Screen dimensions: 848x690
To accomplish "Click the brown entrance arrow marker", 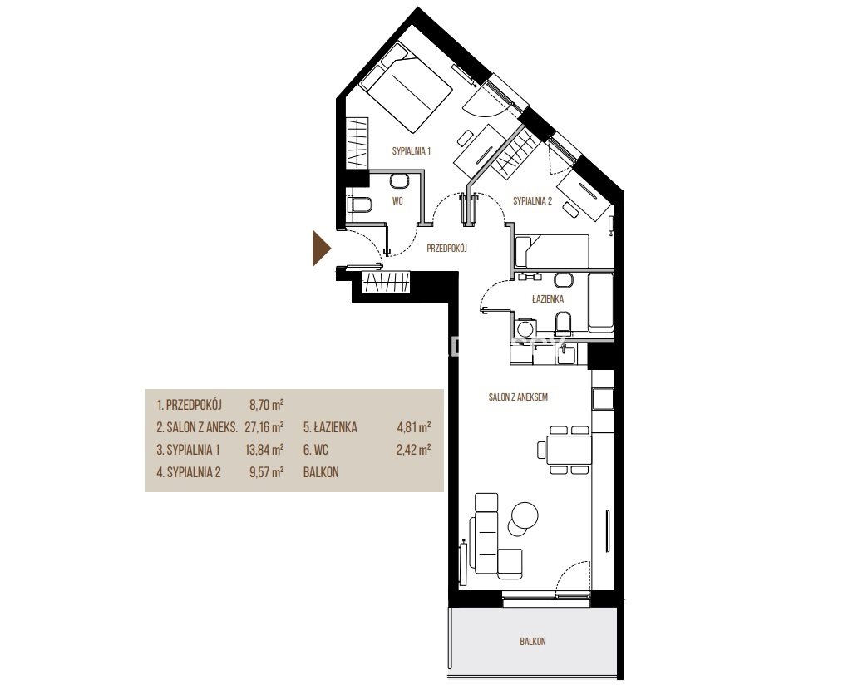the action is coord(320,249).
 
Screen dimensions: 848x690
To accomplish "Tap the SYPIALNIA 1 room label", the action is coord(411,151).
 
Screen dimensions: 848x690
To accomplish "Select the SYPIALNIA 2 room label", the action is coord(532,201).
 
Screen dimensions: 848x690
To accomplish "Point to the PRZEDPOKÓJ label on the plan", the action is coord(446,249).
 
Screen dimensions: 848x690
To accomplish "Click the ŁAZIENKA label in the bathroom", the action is coord(548,298).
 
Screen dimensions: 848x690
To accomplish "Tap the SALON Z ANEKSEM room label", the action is coord(518,397).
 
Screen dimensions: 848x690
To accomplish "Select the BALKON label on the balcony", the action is coord(533,642).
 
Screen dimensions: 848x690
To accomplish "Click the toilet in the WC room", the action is coord(359,205).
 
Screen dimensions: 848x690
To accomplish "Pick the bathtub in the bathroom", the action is coord(600,303).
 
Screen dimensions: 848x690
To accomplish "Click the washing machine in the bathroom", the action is coord(524,328).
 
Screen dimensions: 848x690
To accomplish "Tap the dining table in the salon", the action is coord(569,450).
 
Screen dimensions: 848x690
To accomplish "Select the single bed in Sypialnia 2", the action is coord(552,251).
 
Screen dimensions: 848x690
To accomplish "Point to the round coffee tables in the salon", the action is coord(522,517).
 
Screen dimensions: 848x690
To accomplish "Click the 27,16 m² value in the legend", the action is coord(264,427).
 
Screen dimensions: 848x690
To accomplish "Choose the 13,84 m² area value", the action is coord(264,450).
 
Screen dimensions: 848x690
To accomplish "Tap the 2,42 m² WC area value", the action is coord(413,450).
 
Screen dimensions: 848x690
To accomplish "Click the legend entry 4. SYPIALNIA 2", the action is coord(189,472).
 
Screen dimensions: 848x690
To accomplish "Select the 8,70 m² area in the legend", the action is coord(266,405).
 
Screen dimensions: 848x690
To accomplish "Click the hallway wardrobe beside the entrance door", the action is coord(387,282).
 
